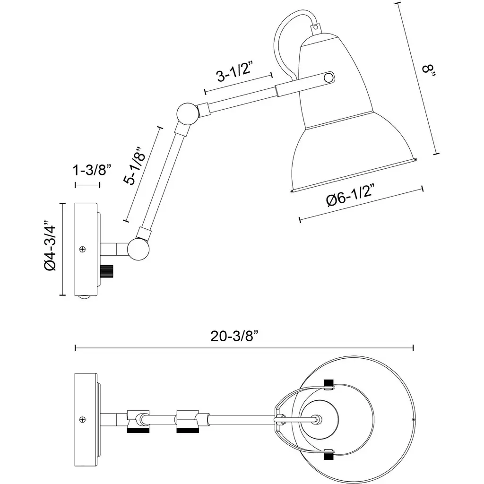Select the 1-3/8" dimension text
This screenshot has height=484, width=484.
pyautogui.click(x=92, y=170)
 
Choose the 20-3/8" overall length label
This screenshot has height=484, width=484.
pyautogui.click(x=235, y=336)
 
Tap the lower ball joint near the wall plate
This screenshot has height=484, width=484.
pyautogui.click(x=138, y=249)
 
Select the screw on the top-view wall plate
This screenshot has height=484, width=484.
pyautogui.click(x=83, y=418)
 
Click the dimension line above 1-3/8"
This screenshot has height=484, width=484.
pyautogui.click(x=87, y=184)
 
